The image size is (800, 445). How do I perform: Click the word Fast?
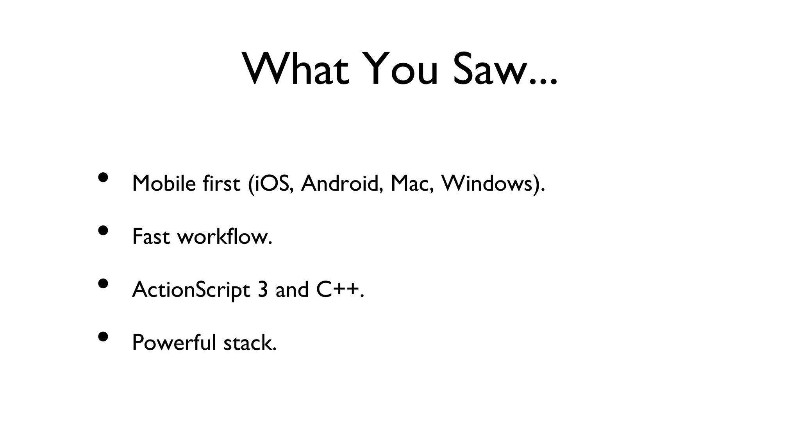tap(151, 236)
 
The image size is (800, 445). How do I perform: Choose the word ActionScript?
tap(191, 290)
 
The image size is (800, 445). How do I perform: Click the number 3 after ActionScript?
tap(262, 290)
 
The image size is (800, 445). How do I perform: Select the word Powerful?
tap(174, 343)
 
